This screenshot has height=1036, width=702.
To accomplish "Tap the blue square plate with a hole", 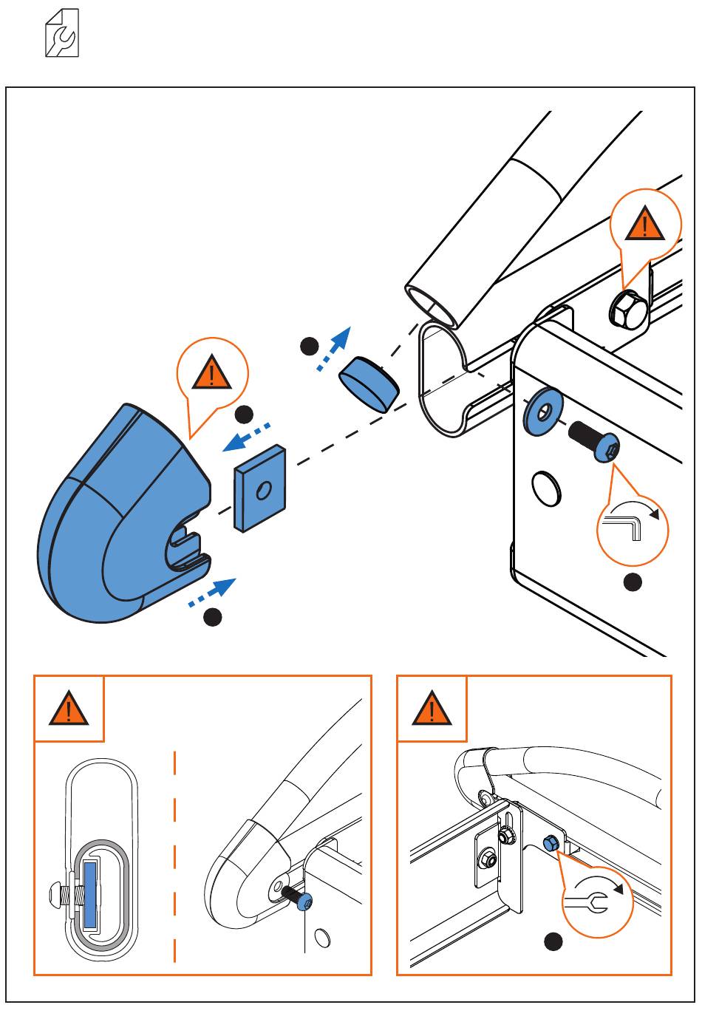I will (x=259, y=488).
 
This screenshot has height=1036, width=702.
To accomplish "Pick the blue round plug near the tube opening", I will (x=369, y=384).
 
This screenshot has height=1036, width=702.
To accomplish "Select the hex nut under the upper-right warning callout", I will (x=627, y=310).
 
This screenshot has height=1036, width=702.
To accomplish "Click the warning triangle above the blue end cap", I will (x=213, y=374).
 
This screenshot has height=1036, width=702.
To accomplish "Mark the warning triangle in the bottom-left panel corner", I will (x=69, y=709).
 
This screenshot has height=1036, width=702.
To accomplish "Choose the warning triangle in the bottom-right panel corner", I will (x=432, y=709).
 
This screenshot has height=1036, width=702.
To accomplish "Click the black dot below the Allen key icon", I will (x=633, y=582).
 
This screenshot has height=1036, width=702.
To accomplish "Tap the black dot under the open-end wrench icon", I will (x=553, y=941).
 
